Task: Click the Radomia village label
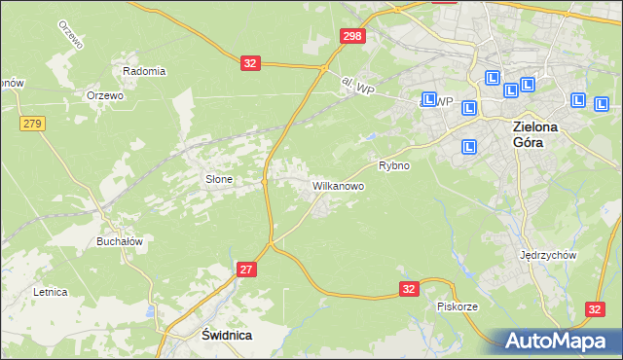click(144, 71)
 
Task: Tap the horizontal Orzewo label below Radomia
click(105, 95)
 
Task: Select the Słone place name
click(218, 179)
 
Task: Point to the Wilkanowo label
click(338, 185)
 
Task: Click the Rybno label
click(393, 165)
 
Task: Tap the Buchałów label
click(120, 241)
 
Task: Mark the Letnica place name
click(50, 291)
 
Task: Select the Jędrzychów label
click(550, 255)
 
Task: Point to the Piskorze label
click(457, 306)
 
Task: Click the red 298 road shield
click(353, 36)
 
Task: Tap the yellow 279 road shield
click(32, 123)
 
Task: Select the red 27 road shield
click(246, 270)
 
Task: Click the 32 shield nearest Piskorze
click(410, 289)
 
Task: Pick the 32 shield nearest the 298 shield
click(251, 63)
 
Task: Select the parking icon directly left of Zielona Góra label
click(469, 146)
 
